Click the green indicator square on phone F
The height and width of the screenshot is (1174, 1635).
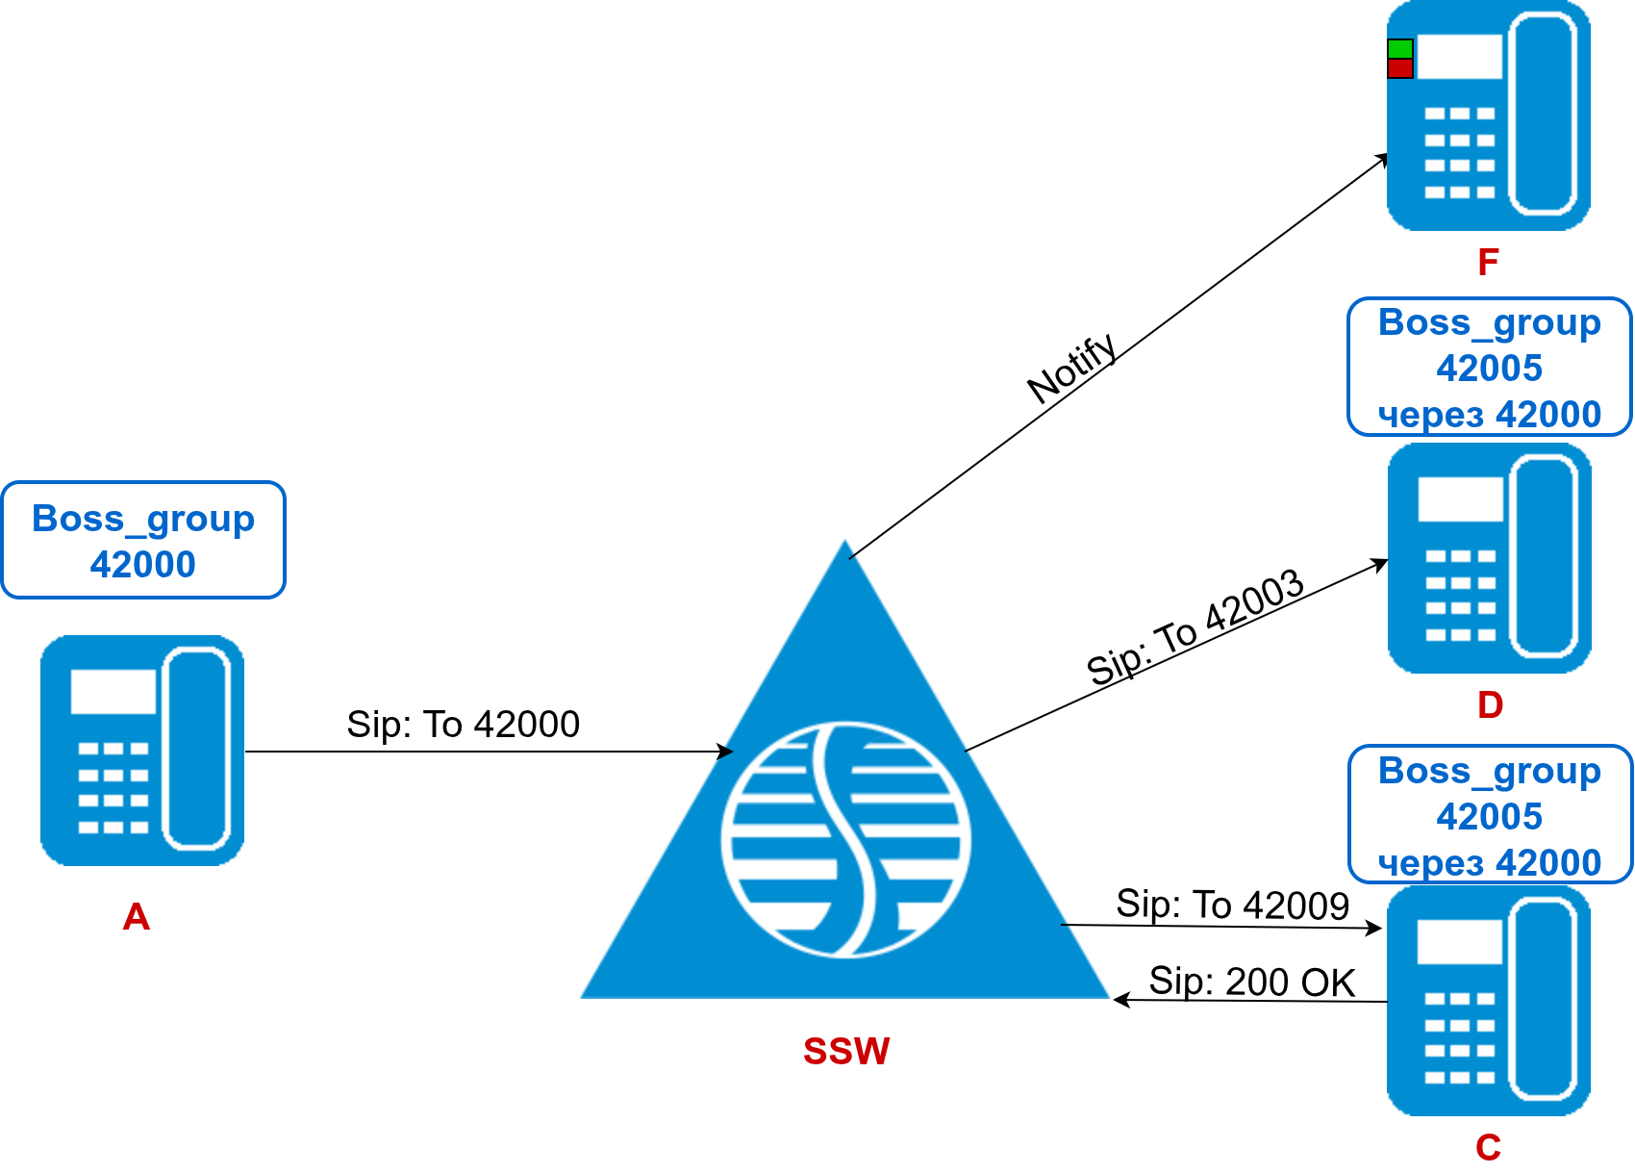[1399, 49]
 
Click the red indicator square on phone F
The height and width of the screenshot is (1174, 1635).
[1399, 68]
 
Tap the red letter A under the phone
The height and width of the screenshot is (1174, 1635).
[137, 917]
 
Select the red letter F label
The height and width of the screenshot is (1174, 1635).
[1488, 262]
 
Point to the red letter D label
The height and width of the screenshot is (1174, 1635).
[1490, 705]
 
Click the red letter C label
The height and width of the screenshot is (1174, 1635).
[1488, 1147]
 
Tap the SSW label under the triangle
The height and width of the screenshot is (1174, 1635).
[846, 1051]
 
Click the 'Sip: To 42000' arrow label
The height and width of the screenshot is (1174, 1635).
[463, 725]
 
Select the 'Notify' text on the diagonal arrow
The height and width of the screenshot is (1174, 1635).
[1071, 369]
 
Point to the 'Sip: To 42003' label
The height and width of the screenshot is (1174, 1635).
[1195, 626]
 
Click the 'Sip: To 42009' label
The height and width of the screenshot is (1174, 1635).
[1232, 905]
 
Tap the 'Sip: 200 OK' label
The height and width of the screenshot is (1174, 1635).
[1251, 982]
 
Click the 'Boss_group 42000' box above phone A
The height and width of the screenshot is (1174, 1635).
[143, 540]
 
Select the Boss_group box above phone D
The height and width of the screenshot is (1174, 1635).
[1489, 368]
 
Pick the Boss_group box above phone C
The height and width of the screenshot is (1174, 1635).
[1489, 815]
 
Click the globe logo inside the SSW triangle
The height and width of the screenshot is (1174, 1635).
[845, 839]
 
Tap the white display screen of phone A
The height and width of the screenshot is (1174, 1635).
[113, 691]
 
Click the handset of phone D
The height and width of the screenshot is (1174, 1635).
[1546, 558]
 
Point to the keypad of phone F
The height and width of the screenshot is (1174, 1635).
[1459, 152]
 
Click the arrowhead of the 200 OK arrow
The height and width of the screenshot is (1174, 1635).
[1119, 1000]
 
